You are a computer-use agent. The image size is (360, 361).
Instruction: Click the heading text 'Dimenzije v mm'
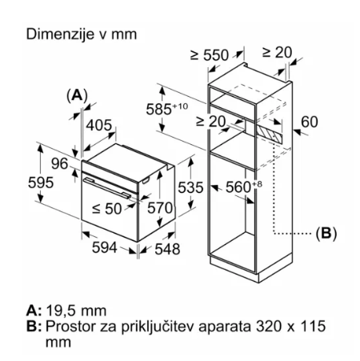(82, 34)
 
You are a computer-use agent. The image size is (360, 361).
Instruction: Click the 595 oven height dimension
(41, 183)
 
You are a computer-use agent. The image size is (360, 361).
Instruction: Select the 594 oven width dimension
(105, 247)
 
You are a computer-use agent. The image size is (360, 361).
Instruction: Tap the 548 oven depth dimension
(167, 249)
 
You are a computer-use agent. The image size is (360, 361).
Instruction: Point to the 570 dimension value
(160, 208)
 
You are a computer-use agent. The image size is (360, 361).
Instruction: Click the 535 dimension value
(190, 187)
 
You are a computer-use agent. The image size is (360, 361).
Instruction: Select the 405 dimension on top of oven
(99, 125)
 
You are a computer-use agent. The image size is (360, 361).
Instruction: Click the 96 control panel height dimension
(60, 163)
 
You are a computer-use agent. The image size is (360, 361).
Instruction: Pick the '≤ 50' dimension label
(107, 208)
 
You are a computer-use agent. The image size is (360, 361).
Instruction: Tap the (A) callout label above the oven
(77, 95)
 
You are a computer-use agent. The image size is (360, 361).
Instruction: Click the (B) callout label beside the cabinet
(326, 233)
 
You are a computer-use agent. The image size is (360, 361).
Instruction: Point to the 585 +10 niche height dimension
(166, 109)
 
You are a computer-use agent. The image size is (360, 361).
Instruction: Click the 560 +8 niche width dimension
(244, 187)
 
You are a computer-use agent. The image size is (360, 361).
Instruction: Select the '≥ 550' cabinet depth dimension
(210, 55)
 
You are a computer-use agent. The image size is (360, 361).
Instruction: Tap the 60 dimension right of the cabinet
(310, 122)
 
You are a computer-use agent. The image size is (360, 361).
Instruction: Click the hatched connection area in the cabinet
(269, 134)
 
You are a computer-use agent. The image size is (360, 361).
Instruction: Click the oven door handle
(107, 188)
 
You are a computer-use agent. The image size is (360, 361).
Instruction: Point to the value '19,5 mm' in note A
(76, 311)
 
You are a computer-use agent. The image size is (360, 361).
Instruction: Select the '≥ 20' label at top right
(277, 52)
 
